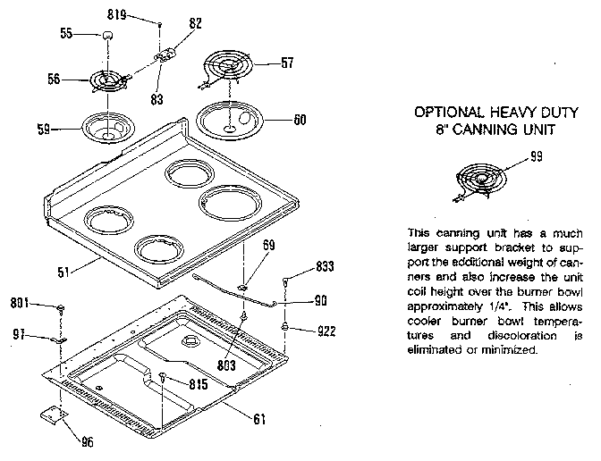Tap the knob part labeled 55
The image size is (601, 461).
point(108,35)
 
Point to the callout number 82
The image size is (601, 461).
point(196,23)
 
